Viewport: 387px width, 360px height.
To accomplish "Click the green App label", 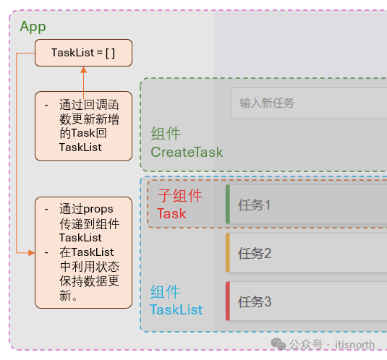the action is click(x=33, y=27).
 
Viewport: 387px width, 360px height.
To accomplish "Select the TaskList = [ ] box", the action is click(x=83, y=53).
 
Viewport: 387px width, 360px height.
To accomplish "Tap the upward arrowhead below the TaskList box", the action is click(x=83, y=70).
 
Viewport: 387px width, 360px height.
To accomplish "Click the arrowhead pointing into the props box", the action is click(x=31, y=253).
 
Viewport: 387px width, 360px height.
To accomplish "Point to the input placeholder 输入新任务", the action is click(x=266, y=103).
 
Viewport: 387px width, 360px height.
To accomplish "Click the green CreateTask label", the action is click(x=187, y=152).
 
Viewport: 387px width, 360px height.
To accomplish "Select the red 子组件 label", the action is click(x=180, y=196).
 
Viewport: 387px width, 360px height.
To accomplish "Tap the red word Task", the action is click(x=171, y=213).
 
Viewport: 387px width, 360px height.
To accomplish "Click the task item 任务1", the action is click(x=254, y=205).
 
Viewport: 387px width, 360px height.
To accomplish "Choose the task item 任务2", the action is click(x=255, y=253).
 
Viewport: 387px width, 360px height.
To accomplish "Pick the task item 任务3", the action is click(x=255, y=301).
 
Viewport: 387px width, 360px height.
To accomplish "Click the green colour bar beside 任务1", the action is click(x=228, y=204).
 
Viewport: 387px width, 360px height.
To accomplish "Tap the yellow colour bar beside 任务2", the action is click(x=228, y=253).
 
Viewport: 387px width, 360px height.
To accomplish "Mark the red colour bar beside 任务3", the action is click(x=228, y=301).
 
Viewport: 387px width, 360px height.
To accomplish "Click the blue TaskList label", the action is click(x=177, y=309).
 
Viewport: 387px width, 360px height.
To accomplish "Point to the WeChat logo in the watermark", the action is click(x=278, y=343).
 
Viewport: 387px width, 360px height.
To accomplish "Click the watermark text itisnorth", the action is click(x=354, y=345).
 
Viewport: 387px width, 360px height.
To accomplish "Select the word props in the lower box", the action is click(x=98, y=210).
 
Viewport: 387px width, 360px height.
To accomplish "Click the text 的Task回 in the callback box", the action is click(x=83, y=133).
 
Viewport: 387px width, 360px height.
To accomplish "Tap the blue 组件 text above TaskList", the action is click(x=165, y=292).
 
